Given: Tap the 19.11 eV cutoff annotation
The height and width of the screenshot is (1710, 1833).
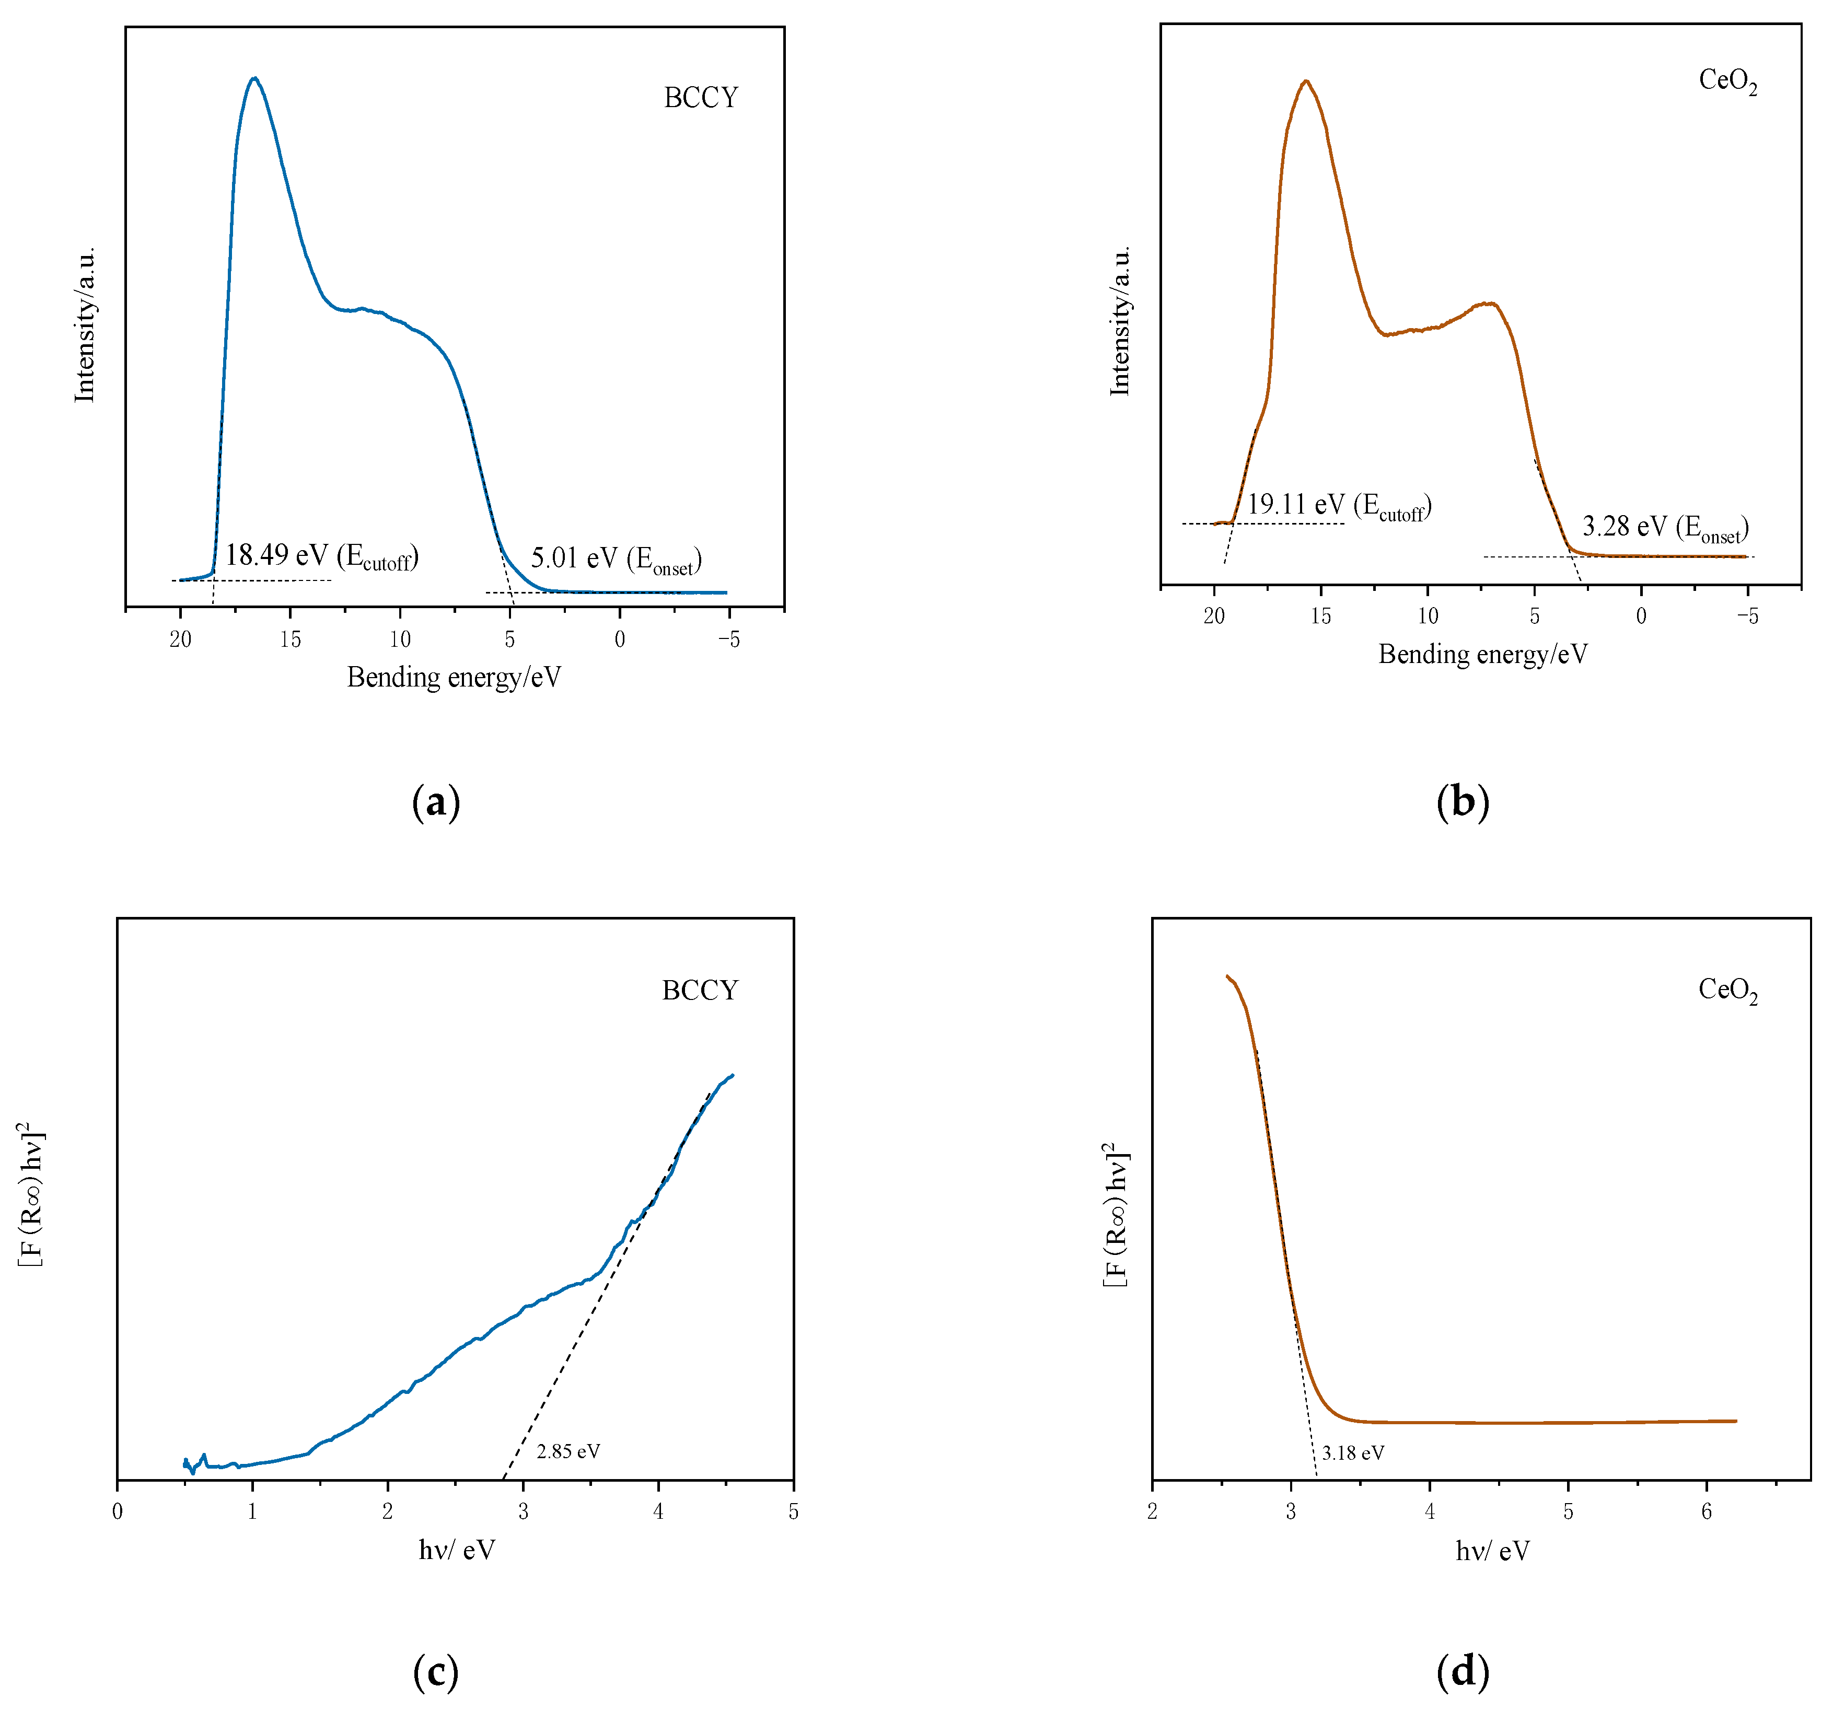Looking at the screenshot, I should click(x=1339, y=506).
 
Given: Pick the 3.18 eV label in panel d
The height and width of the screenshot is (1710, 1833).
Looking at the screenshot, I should click(x=1353, y=1453).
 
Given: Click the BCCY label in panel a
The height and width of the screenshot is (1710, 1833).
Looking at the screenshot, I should click(x=701, y=98).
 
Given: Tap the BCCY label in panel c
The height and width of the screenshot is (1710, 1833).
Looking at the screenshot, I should click(x=700, y=991).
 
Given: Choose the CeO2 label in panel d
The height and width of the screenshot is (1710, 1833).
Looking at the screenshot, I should click(x=1728, y=991).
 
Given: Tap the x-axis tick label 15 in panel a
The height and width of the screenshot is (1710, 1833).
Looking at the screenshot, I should click(x=291, y=640).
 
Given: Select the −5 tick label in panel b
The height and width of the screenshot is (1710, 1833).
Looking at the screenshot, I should click(x=1747, y=616).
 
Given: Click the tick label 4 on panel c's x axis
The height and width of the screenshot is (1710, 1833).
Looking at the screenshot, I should click(x=658, y=1512).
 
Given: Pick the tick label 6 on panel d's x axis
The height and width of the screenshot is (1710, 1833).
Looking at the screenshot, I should click(x=1707, y=1512).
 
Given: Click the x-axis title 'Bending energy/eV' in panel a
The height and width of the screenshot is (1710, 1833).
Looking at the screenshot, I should click(x=454, y=678).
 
